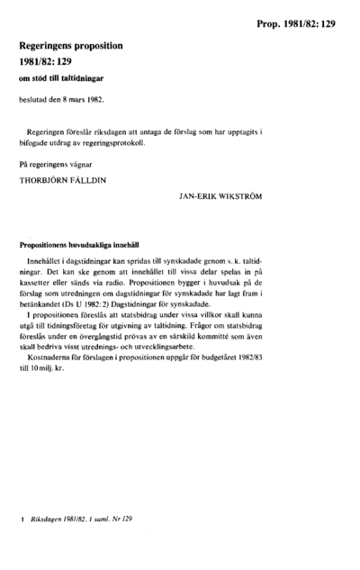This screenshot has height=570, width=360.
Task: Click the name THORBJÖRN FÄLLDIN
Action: pos(61,180)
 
